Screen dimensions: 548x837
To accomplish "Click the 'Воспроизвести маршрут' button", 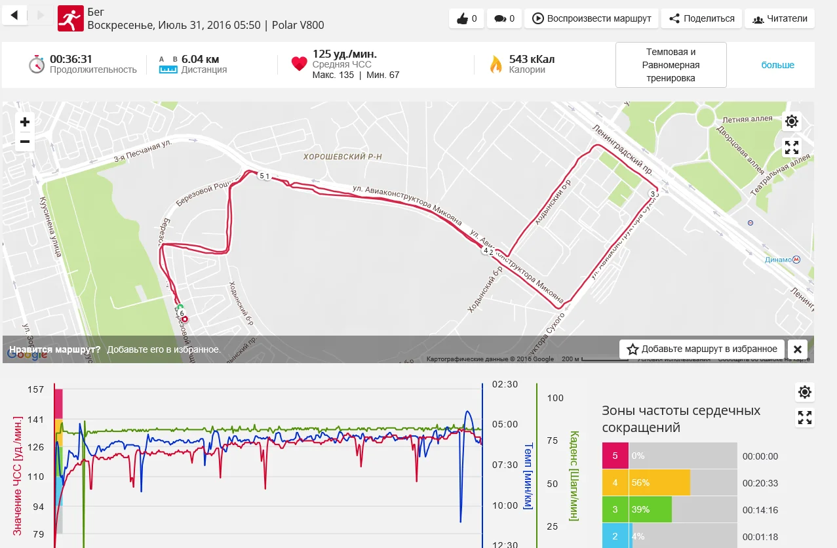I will pos(591,18).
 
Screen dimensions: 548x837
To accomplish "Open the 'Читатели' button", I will pos(779,18).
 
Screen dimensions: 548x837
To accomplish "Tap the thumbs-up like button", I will pos(467,18).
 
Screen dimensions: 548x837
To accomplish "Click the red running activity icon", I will pos(70,18).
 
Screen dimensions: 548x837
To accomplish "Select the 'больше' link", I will pos(777,65).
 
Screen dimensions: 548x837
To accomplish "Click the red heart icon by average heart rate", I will pos(299,64).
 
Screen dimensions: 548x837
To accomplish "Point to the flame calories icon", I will pos(496,64).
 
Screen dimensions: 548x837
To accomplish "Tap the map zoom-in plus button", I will pos(25,122).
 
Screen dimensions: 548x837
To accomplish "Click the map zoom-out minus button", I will pos(25,142).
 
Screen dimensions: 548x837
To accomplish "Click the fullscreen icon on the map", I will pos(792,147).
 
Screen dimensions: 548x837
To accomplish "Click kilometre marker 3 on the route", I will pos(653,193).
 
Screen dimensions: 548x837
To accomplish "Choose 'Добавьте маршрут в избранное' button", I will pos(702,349).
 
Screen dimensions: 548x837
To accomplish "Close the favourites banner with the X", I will pos(797,349).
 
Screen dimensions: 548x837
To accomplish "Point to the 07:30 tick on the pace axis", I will pos(505,465).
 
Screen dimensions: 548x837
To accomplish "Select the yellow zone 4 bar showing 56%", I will pos(659,482).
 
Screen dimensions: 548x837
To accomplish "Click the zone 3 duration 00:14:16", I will pos(760,509).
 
